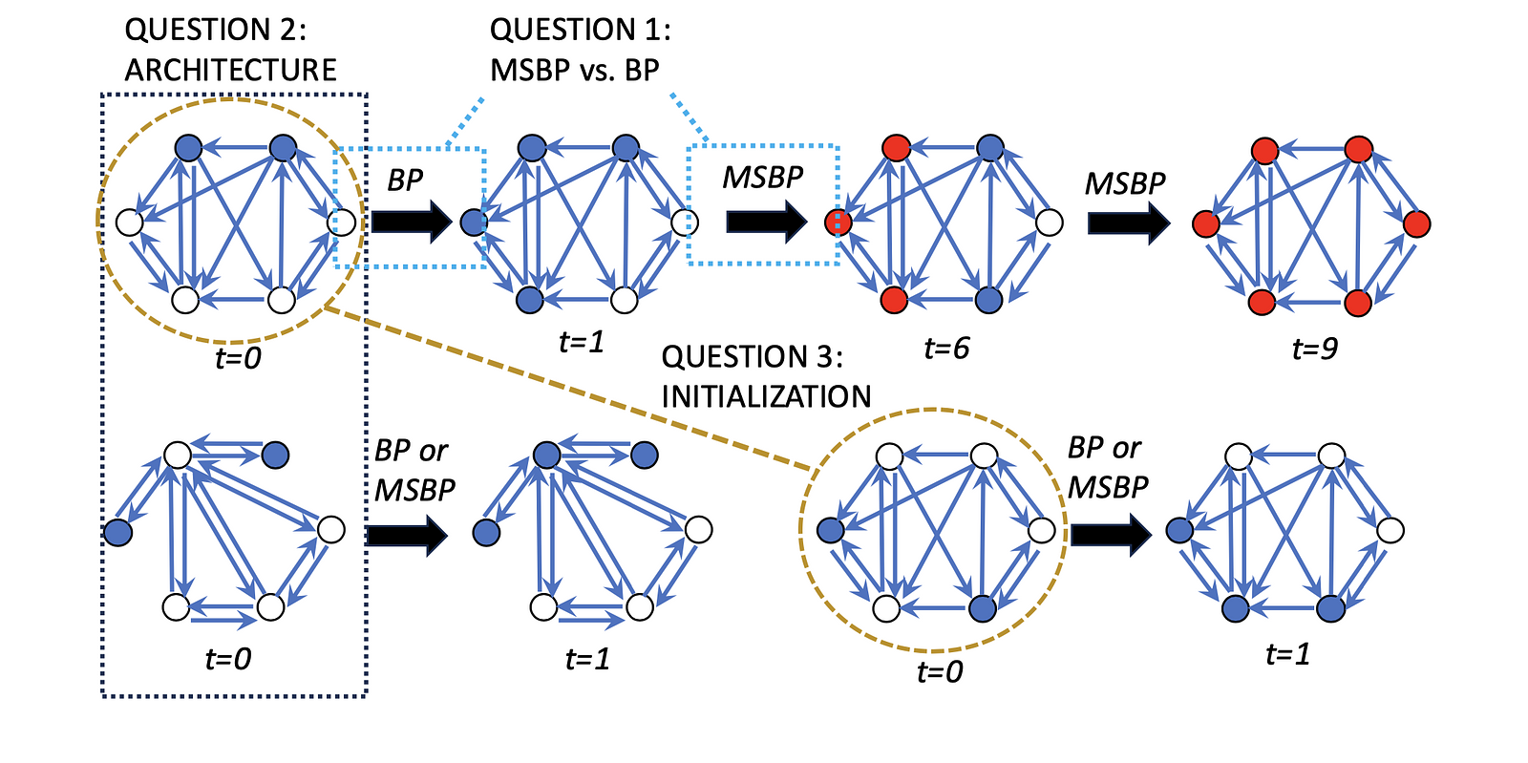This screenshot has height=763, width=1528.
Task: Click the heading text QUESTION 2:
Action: [216, 30]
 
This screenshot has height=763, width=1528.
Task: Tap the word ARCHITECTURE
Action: [230, 70]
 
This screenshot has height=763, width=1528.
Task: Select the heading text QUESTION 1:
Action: [580, 30]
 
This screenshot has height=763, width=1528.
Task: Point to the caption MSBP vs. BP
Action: [574, 70]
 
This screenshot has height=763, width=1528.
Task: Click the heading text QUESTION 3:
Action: [753, 356]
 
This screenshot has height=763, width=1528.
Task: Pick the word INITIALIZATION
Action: [766, 396]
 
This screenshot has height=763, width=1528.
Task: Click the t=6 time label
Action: [946, 349]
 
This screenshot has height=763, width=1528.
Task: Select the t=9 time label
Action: [1315, 349]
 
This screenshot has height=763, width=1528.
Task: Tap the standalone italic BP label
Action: [405, 180]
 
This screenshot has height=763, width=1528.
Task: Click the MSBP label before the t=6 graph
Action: [762, 178]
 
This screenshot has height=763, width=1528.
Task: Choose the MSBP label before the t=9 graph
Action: [1125, 183]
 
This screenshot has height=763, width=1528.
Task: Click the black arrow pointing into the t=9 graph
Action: [1128, 223]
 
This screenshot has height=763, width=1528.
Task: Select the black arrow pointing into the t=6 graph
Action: [766, 222]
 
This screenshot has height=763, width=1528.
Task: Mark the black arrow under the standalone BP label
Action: [411, 222]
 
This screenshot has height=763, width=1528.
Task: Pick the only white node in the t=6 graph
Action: [1049, 223]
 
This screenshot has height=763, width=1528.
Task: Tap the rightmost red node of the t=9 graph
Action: [1417, 223]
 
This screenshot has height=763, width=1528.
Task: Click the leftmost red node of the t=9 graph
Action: [1206, 224]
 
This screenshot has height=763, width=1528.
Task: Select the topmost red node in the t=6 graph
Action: [896, 148]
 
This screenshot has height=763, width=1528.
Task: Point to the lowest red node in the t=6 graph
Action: [894, 300]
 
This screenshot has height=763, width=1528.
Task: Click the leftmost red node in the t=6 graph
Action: [838, 223]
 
